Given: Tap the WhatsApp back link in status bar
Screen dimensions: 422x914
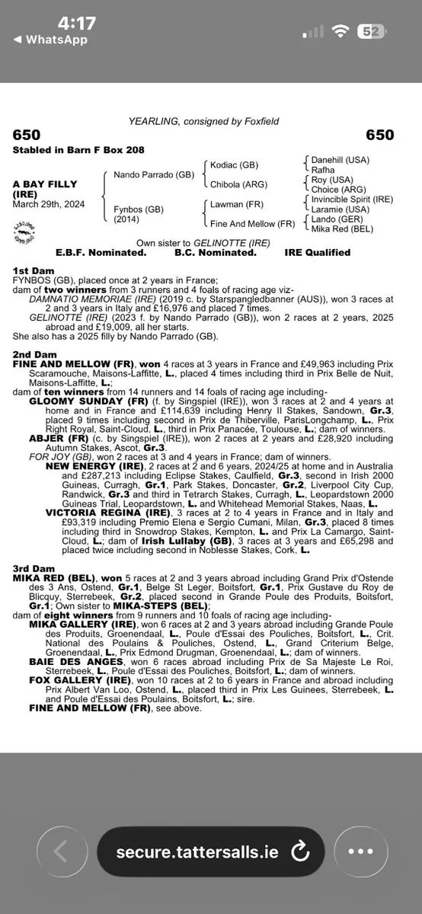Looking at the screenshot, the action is click(x=50, y=40).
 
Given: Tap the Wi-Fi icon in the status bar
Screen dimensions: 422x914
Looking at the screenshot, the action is click(x=343, y=32).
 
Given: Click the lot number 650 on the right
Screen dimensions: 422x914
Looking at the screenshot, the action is click(x=380, y=135).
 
